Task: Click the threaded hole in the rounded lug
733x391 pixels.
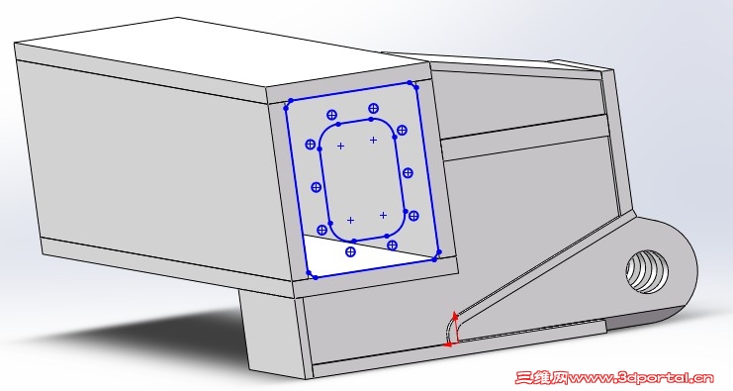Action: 647,272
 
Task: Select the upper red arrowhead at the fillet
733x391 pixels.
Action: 454,317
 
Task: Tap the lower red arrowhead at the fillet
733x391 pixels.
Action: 448,344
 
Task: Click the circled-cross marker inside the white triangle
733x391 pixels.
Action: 350,252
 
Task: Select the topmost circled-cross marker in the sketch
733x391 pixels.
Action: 373,109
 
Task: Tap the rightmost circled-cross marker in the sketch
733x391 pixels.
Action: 413,216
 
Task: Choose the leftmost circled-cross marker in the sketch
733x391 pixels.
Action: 310,145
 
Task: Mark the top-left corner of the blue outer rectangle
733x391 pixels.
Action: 287,105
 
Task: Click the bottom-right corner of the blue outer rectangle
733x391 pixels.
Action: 437,256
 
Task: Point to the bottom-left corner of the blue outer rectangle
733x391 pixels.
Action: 312,276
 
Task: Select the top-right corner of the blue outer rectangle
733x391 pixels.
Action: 413,84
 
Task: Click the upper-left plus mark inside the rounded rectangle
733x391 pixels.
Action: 341,147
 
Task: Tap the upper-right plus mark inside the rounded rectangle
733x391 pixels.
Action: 373,140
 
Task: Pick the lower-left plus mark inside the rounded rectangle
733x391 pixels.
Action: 350,221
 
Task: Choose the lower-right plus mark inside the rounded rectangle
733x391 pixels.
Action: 384,215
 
